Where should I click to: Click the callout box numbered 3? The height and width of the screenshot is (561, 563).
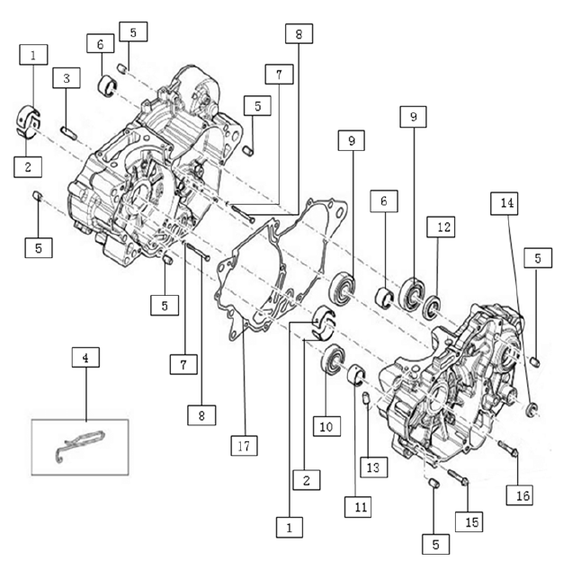pos(67,78)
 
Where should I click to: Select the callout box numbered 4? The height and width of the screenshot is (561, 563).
pos(85,357)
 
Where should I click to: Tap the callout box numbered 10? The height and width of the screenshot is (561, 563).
pos(326,426)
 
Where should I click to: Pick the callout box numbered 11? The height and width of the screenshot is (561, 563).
pos(358,507)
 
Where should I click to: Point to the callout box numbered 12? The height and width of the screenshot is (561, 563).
pos(441,227)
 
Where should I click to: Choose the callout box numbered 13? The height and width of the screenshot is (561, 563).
pos(374,467)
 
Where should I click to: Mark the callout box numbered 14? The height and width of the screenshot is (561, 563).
pos(505,203)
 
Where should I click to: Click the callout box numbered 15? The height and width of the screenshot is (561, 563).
pos(469,521)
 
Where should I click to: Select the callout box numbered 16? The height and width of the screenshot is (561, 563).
pos(520,495)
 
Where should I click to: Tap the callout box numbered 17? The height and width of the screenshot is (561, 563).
pos(244,445)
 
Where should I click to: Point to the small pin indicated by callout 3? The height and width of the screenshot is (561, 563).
pos(68,132)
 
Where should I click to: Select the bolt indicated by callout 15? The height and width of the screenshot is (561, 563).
pos(458,476)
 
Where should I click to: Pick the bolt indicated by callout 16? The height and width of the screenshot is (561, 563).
pos(508,449)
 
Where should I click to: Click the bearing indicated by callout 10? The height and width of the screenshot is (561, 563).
pos(333,361)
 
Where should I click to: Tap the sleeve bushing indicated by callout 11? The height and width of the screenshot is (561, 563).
pos(356,375)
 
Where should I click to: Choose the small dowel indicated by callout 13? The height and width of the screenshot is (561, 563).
pos(366,398)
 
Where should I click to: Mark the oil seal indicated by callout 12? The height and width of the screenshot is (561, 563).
pos(432,307)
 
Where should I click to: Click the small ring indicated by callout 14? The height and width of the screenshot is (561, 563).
pos(532,410)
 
